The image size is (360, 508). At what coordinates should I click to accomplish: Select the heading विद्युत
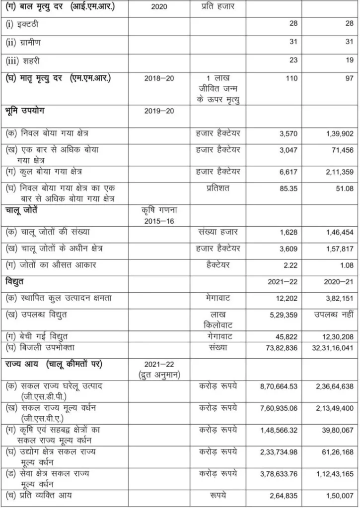[16, 282]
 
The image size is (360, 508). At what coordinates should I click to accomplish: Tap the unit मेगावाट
[217, 298]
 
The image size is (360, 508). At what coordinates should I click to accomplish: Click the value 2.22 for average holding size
[289, 265]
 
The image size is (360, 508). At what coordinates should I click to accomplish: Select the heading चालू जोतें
[22, 210]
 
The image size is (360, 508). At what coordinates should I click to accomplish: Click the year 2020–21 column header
[338, 282]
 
